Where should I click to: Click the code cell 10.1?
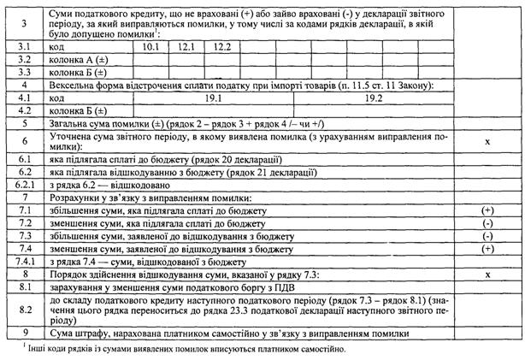point(151,47)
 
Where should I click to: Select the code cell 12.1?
point(188,47)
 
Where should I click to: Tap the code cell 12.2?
point(224,47)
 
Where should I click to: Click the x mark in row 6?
point(487,140)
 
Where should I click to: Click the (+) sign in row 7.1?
point(487,210)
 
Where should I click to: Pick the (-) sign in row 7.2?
point(487,222)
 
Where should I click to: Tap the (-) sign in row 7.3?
point(487,235)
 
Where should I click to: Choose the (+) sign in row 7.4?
point(487,248)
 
